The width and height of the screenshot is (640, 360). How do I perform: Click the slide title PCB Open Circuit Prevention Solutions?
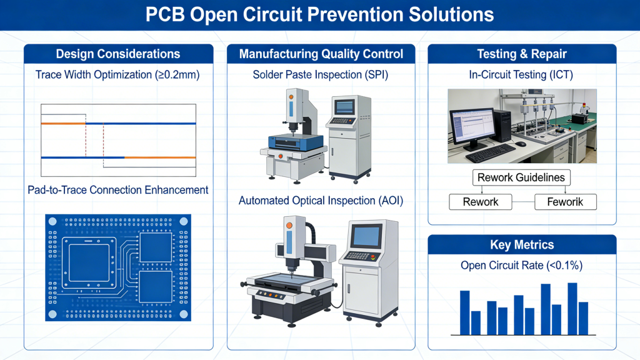point(319,14)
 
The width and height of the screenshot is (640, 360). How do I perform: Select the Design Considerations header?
point(118,54)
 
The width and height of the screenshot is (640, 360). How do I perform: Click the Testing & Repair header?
point(522,54)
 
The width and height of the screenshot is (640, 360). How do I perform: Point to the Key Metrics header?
point(522,244)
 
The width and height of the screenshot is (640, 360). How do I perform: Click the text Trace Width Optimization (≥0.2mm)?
point(118,75)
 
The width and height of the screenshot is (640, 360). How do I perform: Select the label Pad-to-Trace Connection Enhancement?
point(118,189)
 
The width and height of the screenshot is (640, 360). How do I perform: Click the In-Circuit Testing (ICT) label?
point(522,75)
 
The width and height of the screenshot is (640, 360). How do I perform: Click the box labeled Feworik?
point(566,202)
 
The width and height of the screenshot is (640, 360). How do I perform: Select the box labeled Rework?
point(481,202)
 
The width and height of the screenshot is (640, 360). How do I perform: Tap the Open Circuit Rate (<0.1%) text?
point(522,266)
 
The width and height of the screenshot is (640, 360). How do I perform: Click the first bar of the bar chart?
point(464,312)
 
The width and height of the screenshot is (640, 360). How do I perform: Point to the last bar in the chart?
point(583,318)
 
